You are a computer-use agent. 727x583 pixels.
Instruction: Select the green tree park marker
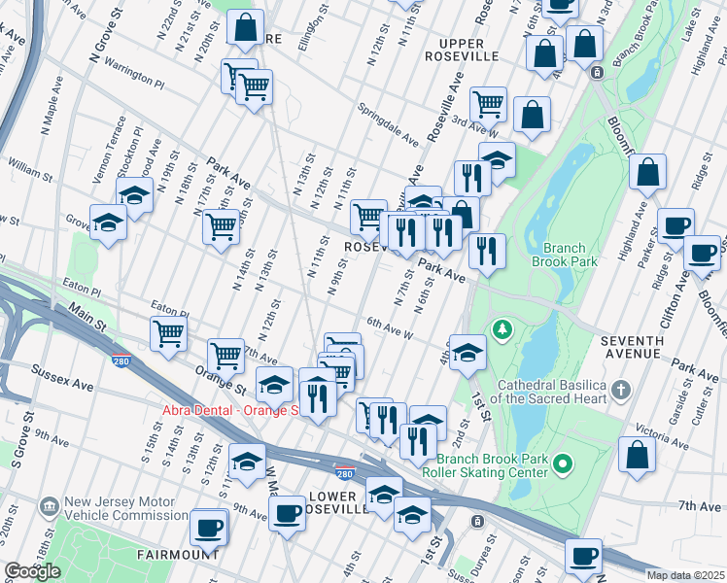[502, 330]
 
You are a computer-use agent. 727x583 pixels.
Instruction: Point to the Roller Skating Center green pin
[562, 467]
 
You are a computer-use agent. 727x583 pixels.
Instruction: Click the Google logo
[32, 571]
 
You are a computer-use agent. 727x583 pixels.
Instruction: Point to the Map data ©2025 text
[683, 574]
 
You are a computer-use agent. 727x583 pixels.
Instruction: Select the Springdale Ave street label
[387, 124]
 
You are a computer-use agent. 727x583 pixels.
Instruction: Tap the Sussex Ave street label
[61, 378]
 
